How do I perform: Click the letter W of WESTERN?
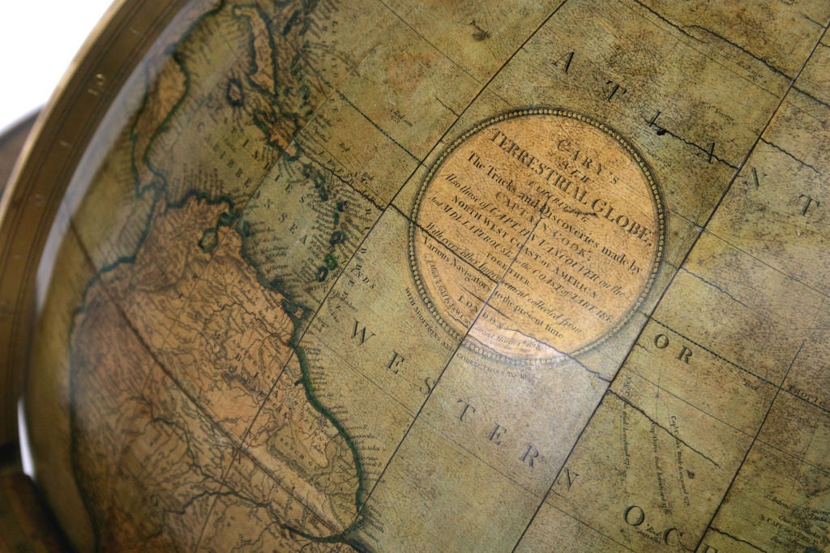362,337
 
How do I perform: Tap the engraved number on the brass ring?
96,81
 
